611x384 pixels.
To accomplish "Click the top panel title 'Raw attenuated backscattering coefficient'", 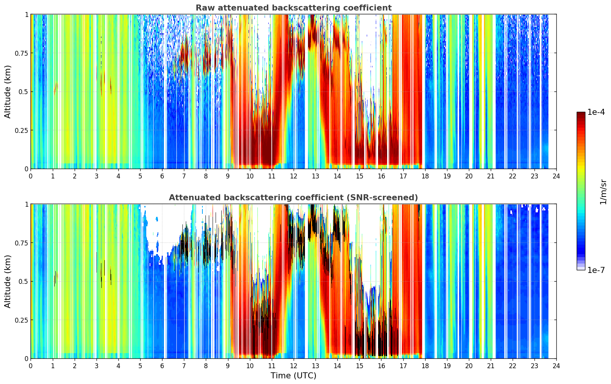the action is point(294,8).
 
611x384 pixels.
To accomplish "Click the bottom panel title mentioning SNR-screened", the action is point(294,197).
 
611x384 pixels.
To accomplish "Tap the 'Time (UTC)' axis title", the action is point(294,376).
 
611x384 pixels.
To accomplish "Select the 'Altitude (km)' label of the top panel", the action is point(8,91).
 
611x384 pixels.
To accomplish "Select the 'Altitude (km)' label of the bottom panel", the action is point(8,281).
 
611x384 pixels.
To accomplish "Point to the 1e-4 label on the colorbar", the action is point(596,112).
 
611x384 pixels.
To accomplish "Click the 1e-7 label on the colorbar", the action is point(596,270).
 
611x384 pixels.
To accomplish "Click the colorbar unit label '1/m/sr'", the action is point(603,192).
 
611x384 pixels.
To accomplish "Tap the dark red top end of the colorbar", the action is point(581,113).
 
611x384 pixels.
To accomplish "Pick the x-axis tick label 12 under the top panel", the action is point(294,176).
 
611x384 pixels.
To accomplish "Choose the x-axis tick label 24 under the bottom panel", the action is point(556,366).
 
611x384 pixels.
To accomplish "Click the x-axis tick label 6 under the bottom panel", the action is point(162,366).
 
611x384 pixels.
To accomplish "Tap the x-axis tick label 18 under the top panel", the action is point(425,176).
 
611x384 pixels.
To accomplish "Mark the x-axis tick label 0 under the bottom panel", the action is point(31,366).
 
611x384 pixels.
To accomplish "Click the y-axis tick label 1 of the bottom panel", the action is point(27,204).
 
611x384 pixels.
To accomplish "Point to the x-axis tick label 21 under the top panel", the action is point(491,176).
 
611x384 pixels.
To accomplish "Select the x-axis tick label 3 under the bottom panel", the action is point(96,366).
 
